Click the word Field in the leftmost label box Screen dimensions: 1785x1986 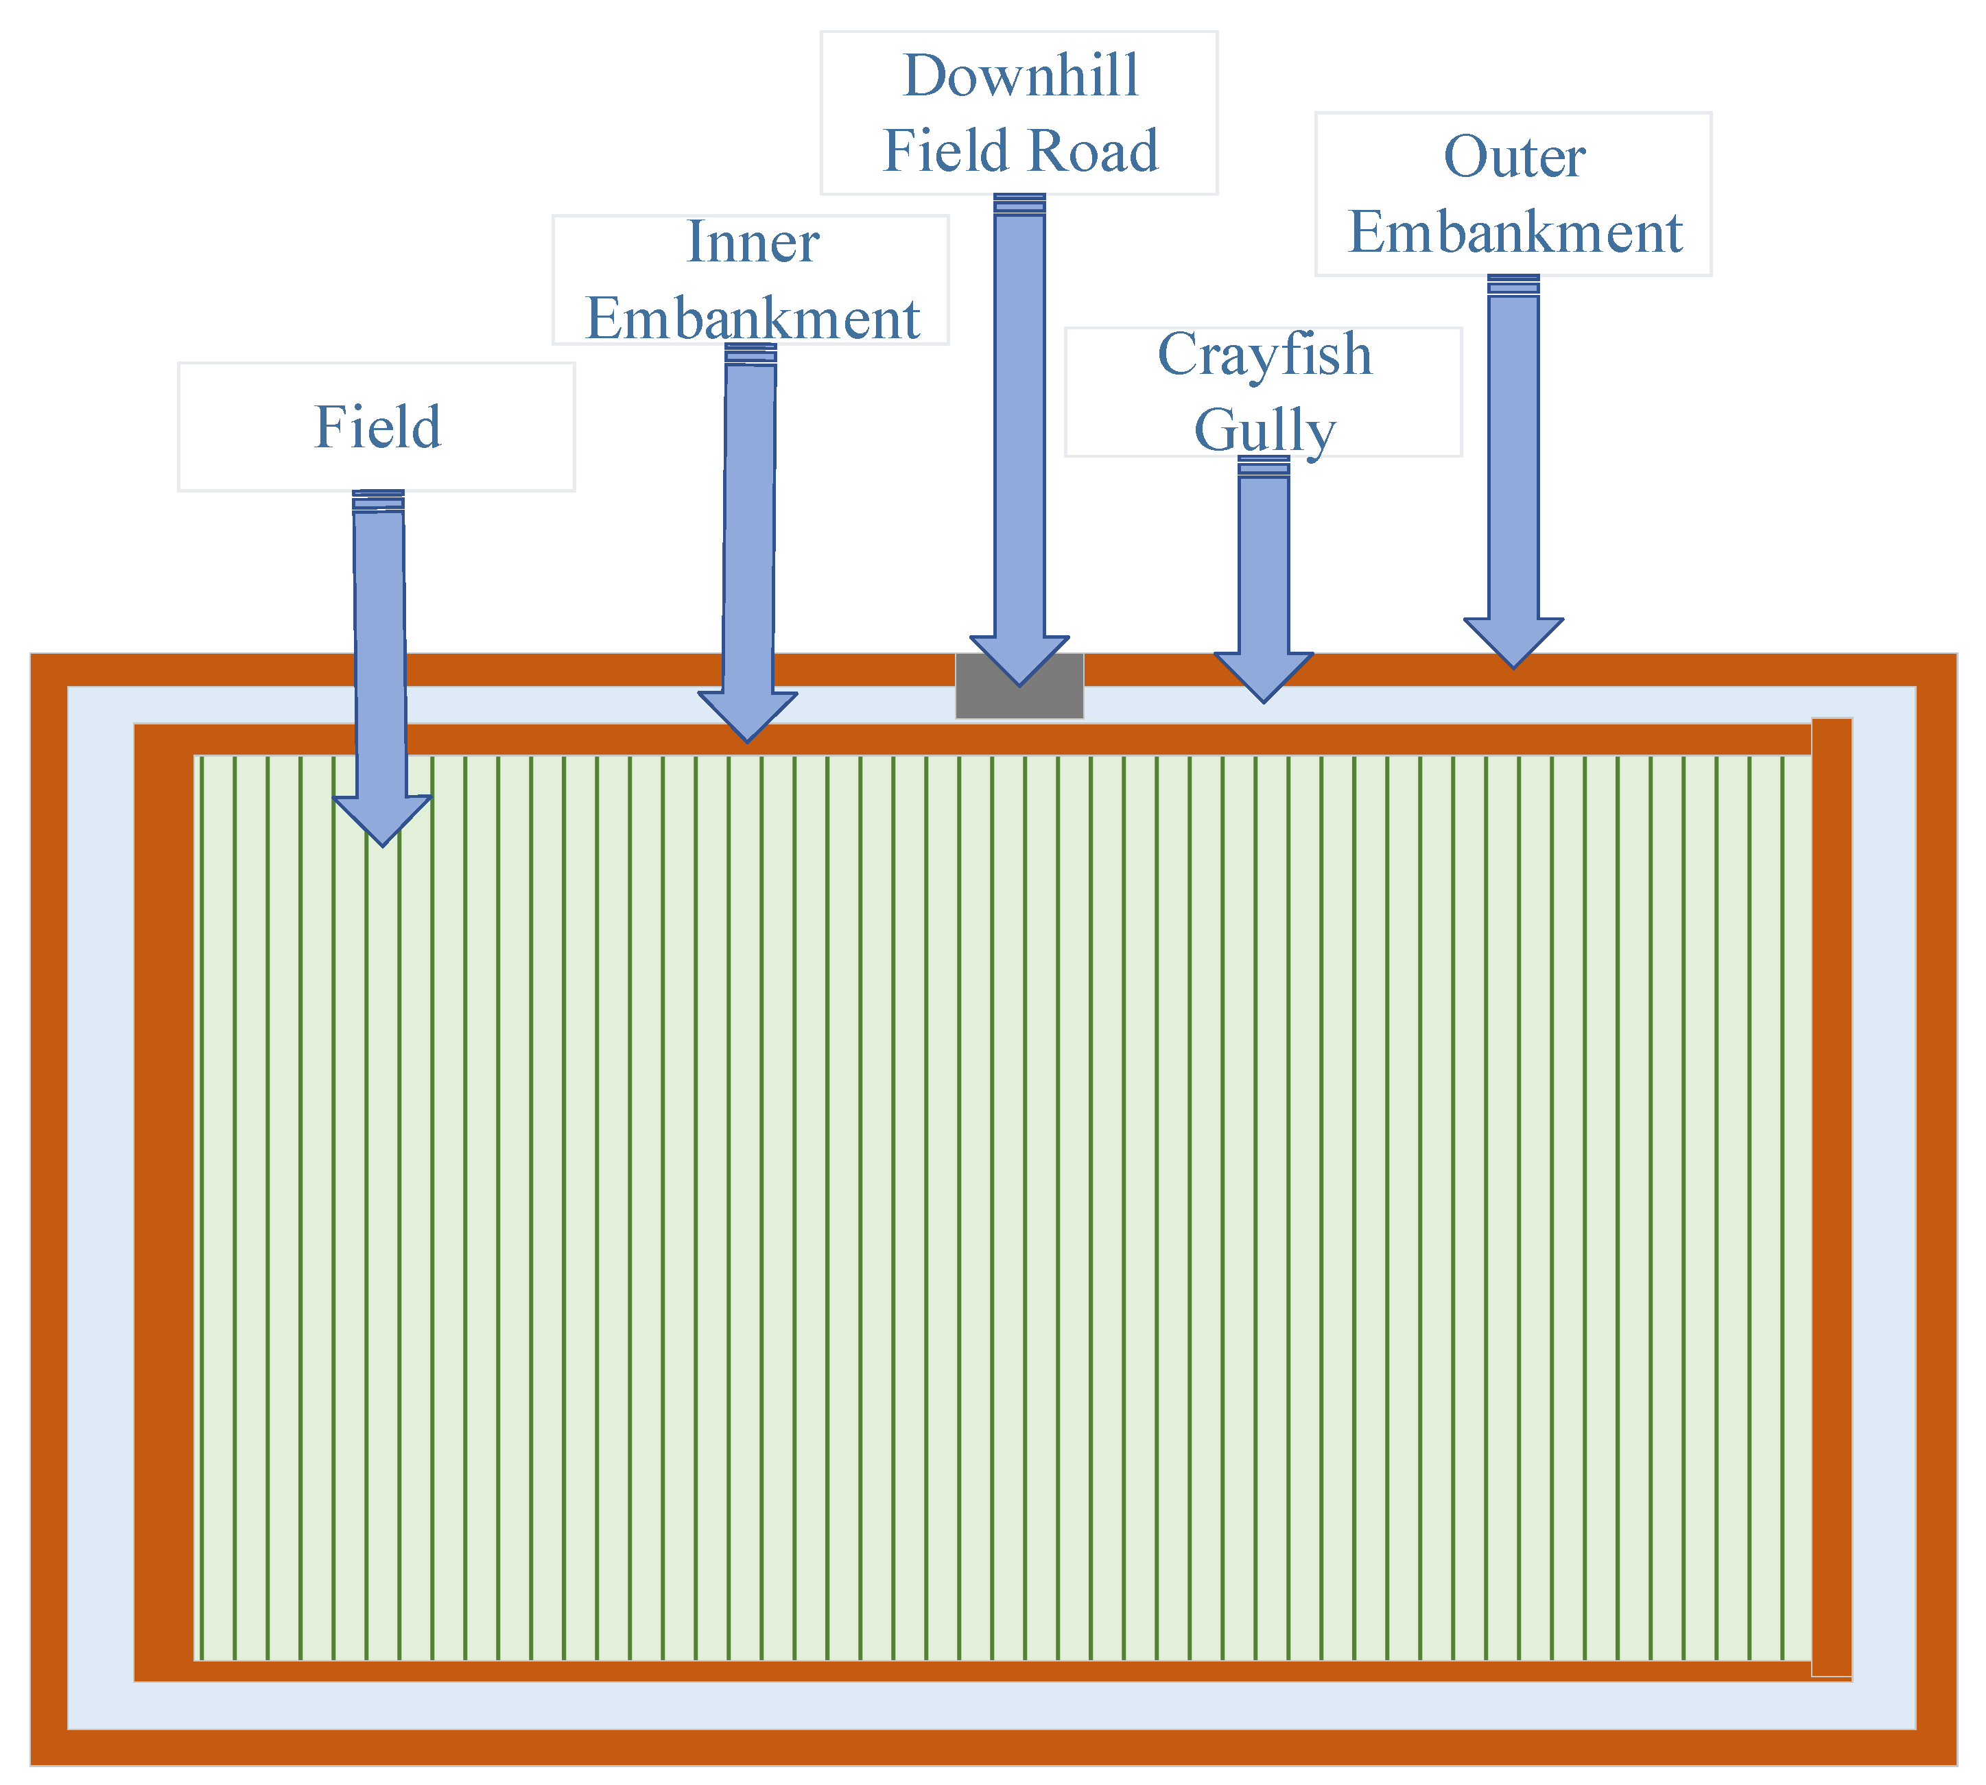pos(377,427)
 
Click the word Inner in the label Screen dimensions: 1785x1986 pos(753,242)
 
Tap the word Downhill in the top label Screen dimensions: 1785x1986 pos(1020,75)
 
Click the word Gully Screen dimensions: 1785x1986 pos(1264,429)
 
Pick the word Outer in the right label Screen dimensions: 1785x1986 pos(1514,157)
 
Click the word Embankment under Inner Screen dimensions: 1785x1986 pos(753,319)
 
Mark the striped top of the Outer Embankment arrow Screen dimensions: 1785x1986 pos(1513,285)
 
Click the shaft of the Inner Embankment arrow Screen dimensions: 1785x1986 pos(749,530)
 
